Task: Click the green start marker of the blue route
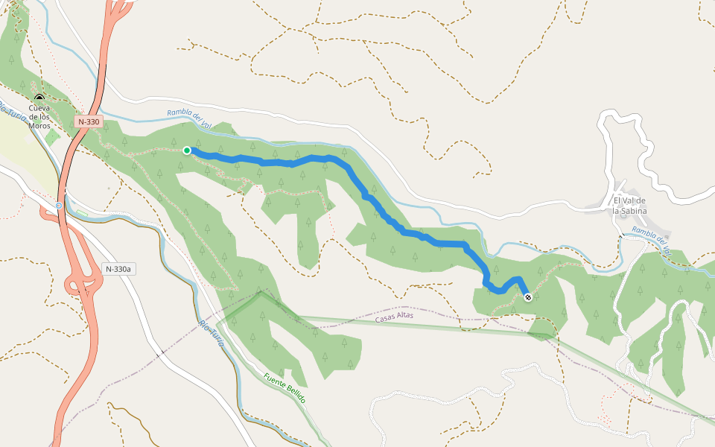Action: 187,150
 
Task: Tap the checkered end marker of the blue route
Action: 528,297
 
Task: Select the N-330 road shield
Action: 88,121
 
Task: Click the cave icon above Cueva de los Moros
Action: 39,98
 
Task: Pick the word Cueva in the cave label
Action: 39,108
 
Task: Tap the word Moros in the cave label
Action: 39,125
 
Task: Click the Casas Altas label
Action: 395,317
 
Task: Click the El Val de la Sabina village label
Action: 629,205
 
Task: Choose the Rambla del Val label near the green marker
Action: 191,118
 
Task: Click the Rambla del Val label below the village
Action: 652,239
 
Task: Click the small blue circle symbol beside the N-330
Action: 59,205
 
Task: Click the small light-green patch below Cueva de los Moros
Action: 51,136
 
